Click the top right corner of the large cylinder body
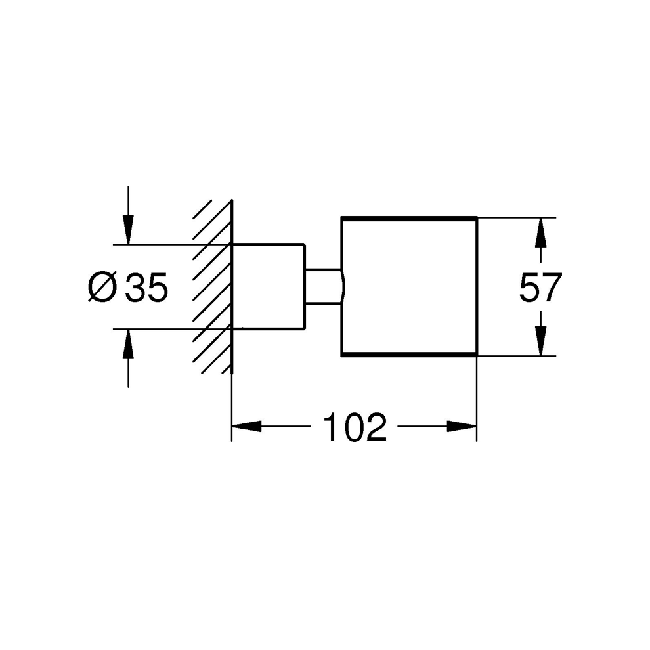click(x=477, y=217)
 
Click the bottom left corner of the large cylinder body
click(x=341, y=356)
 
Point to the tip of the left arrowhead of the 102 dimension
click(x=232, y=426)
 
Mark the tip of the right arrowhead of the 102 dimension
click(x=477, y=426)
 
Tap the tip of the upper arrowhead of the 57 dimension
click(x=540, y=218)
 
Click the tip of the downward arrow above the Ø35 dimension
click(x=129, y=244)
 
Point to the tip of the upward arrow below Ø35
click(x=129, y=330)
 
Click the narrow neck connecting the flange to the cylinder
click(x=323, y=287)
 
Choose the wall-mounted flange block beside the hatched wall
click(x=269, y=287)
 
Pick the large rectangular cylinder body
click(x=409, y=286)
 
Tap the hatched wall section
click(x=212, y=287)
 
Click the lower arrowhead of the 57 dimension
click(x=540, y=341)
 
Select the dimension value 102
click(x=355, y=427)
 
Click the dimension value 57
click(x=540, y=287)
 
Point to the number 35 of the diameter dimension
click(x=147, y=287)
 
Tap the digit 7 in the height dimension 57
click(x=552, y=287)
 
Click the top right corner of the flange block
click(x=305, y=245)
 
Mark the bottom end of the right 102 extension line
click(x=477, y=441)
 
